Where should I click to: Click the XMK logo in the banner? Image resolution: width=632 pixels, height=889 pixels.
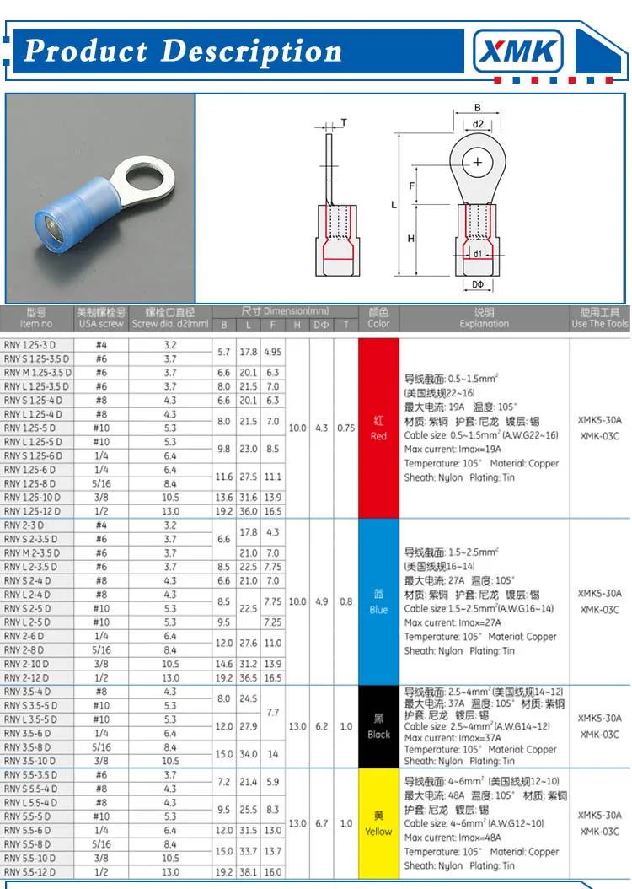[x=518, y=52]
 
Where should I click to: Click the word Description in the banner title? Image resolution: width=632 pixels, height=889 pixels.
[x=251, y=51]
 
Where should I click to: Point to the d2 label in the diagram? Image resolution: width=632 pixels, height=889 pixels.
[x=478, y=124]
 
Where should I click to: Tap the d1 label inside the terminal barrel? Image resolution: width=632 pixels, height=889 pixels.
[x=477, y=253]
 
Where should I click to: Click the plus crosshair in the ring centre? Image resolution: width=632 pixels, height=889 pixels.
[x=478, y=160]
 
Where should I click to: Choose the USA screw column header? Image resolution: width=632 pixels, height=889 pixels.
[x=101, y=318]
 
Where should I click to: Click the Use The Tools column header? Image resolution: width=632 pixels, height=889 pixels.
[x=600, y=318]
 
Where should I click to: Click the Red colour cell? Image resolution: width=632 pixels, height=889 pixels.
[x=378, y=428]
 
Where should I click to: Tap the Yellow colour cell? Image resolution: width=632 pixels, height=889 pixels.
[x=378, y=823]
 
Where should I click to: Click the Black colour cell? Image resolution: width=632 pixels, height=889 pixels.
[x=378, y=726]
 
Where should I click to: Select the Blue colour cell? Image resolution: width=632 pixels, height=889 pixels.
[x=378, y=601]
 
